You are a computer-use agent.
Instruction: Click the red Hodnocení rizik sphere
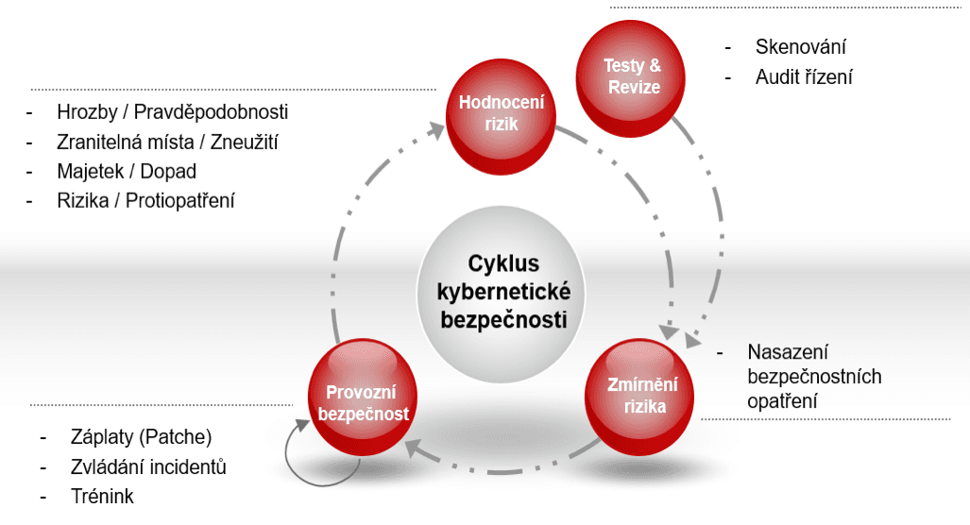pyautogui.click(x=501, y=113)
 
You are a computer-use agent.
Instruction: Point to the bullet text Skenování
pyautogui.click(x=801, y=46)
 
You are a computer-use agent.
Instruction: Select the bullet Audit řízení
pyautogui.click(x=804, y=77)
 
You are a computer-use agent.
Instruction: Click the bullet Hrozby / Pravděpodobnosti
pyautogui.click(x=172, y=112)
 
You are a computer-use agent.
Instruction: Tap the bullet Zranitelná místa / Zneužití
pyautogui.click(x=167, y=142)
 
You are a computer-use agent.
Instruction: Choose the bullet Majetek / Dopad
pyautogui.click(x=127, y=171)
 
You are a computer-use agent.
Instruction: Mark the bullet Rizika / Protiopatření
pyautogui.click(x=145, y=200)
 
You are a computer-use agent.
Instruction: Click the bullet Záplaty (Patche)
pyautogui.click(x=141, y=438)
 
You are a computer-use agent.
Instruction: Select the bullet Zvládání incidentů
pyautogui.click(x=148, y=467)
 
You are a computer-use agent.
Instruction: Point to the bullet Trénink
pyautogui.click(x=102, y=497)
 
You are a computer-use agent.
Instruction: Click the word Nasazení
pyautogui.click(x=787, y=352)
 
